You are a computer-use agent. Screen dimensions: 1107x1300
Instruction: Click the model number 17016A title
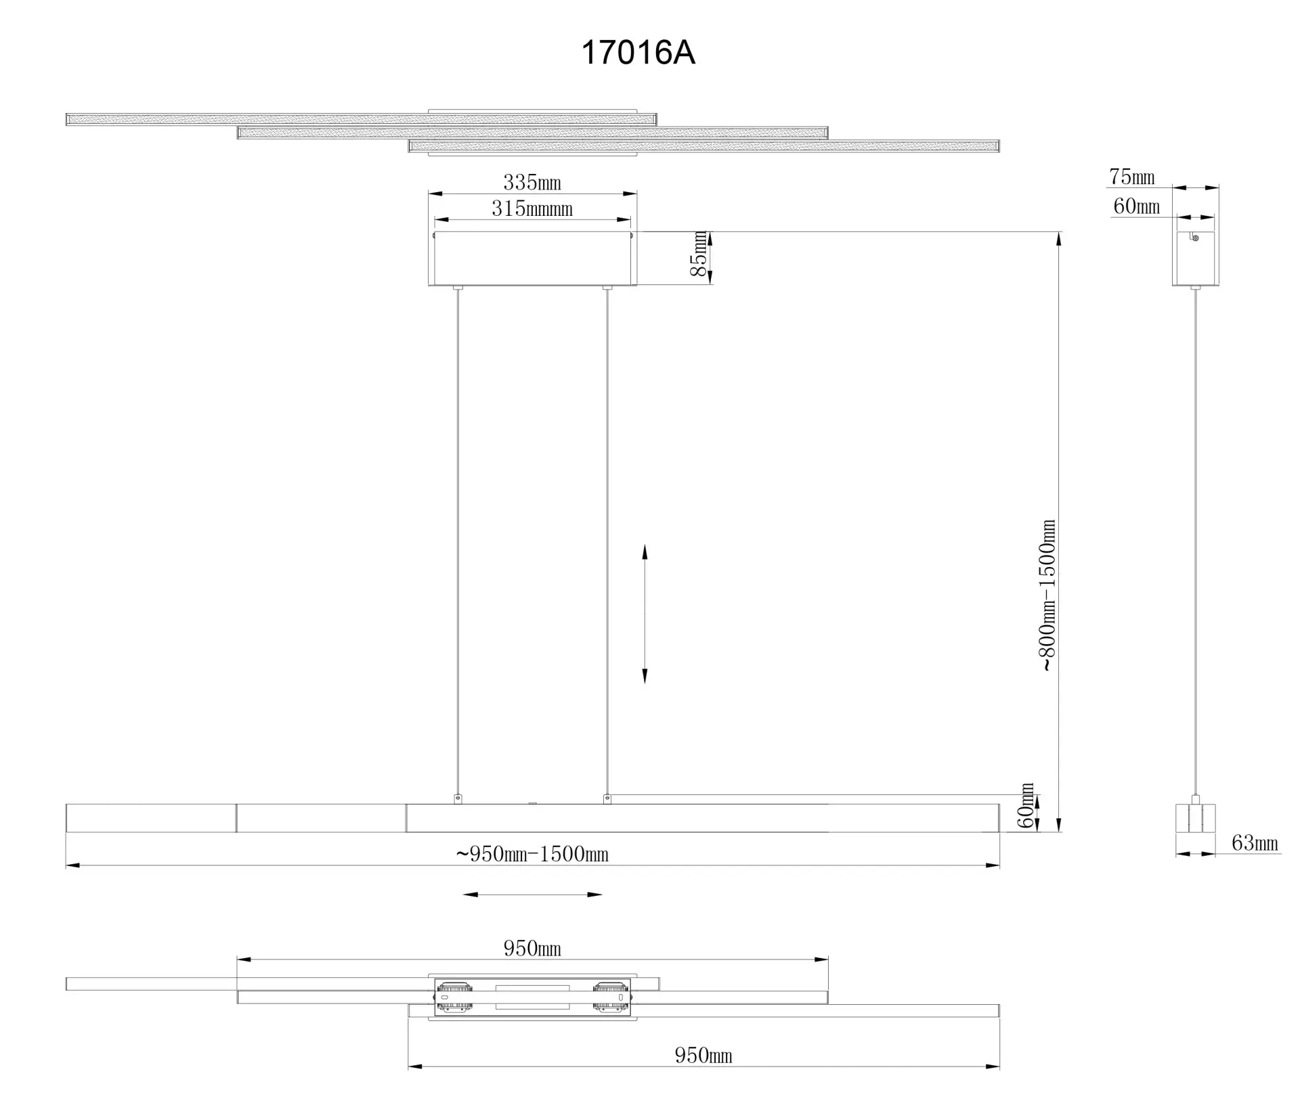[x=638, y=52]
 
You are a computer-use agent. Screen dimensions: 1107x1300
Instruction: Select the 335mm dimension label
[x=532, y=183]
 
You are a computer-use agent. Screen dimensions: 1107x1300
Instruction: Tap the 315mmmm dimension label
[x=532, y=208]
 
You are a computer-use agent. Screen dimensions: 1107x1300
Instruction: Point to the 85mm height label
[x=699, y=254]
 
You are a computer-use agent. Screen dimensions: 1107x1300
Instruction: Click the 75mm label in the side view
[x=1132, y=177]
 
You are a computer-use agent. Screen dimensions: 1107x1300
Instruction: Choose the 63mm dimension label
[x=1255, y=843]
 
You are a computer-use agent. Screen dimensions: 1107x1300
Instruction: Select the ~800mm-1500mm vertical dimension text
[x=1047, y=595]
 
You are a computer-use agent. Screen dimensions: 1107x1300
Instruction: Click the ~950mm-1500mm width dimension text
[x=532, y=854]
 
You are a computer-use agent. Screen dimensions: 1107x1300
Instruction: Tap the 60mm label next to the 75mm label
[x=1136, y=206]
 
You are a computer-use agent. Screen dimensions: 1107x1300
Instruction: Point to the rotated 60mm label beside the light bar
[x=1026, y=806]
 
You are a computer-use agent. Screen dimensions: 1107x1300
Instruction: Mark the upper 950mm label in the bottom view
[x=532, y=949]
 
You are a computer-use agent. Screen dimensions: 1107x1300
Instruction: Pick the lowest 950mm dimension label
[x=703, y=1056]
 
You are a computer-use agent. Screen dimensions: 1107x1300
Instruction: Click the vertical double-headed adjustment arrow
[x=645, y=614]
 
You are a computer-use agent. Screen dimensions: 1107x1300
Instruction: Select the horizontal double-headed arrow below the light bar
[x=532, y=895]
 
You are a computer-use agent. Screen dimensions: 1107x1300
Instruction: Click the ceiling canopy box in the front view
[x=532, y=258]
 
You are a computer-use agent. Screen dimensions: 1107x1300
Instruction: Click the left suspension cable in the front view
[x=458, y=541]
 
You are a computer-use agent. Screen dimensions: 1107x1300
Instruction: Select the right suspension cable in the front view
[x=607, y=541]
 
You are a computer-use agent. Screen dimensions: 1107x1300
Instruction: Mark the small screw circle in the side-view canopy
[x=1195, y=238]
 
